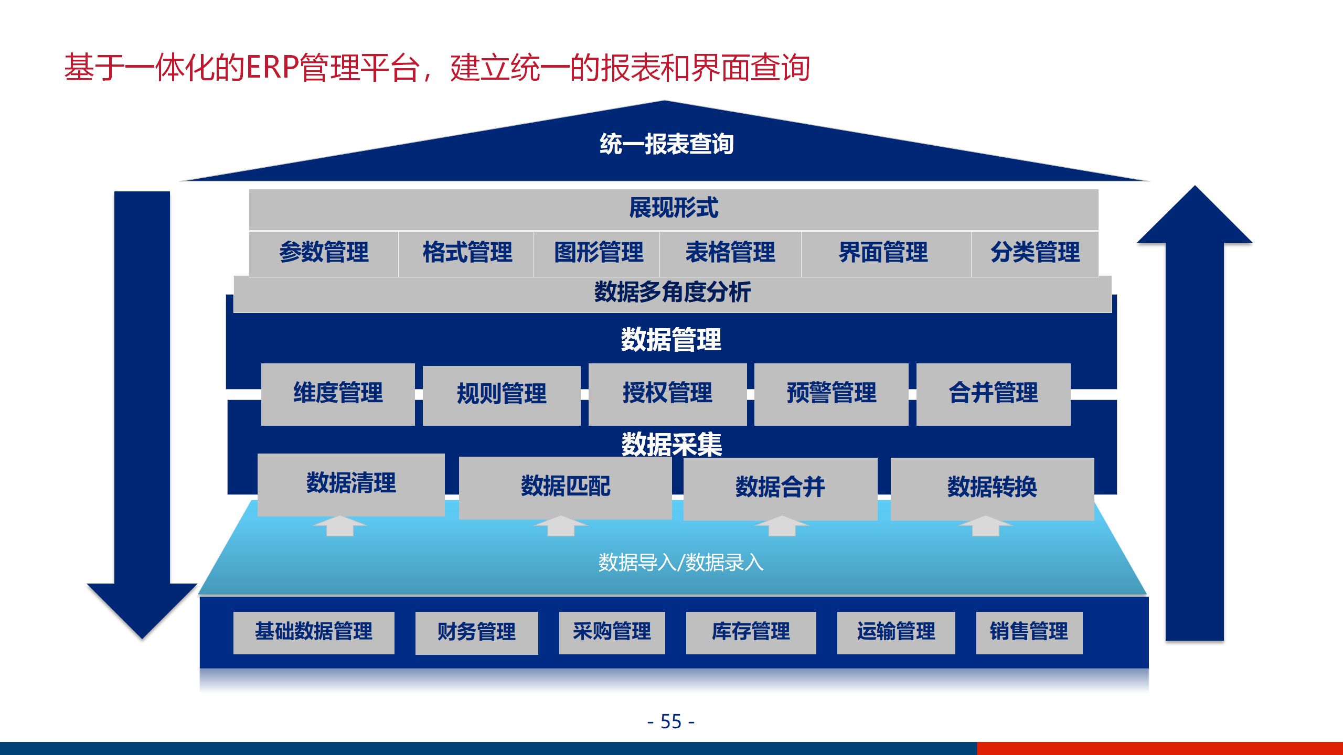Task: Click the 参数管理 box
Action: [324, 253]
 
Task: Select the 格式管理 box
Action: [466, 253]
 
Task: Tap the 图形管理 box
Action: [598, 253]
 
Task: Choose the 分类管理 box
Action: [1035, 253]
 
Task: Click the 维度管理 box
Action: [338, 393]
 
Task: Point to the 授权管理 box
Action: [667, 393]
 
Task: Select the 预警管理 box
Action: [831, 393]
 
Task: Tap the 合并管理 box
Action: [993, 393]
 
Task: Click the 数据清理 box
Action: [351, 483]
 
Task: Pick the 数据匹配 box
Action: [565, 487]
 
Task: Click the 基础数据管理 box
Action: [314, 632]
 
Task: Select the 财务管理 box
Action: [476, 632]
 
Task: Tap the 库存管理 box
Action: [751, 632]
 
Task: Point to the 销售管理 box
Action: [1029, 632]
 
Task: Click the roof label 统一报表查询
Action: [666, 144]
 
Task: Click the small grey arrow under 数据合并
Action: [782, 526]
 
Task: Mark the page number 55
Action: [671, 722]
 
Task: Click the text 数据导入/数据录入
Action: [680, 563]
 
